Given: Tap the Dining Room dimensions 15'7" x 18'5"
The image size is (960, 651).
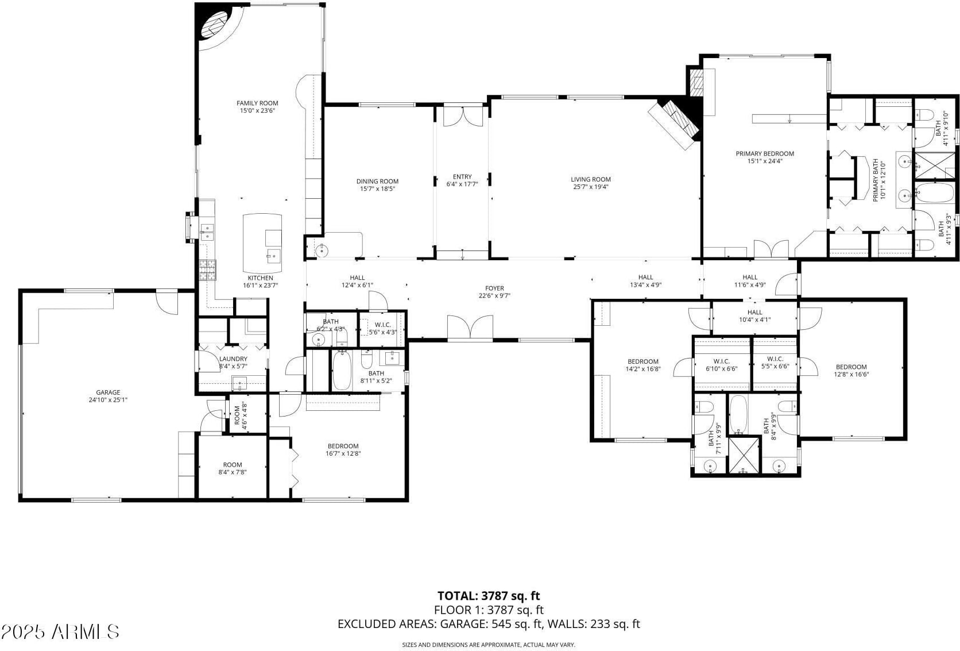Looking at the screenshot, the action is [377, 188].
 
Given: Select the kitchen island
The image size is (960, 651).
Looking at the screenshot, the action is [262, 243].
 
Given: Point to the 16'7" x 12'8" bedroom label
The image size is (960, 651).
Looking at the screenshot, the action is [343, 449].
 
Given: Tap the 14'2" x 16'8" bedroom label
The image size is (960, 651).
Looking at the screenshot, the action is [643, 365].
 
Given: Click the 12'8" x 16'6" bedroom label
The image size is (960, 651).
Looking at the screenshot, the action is [851, 370].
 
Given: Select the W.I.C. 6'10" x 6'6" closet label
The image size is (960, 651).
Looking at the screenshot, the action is [722, 364].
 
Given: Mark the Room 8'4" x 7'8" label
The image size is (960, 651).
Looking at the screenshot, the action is [233, 468].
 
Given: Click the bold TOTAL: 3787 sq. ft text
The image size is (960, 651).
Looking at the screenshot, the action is [489, 596].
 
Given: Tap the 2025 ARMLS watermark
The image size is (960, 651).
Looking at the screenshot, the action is [60, 631].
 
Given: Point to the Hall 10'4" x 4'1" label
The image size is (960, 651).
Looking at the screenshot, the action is [754, 315].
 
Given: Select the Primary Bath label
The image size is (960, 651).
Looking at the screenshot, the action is [878, 180].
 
